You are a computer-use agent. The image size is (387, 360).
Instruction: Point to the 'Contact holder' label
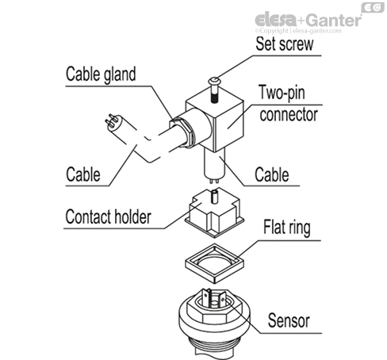point(109,216)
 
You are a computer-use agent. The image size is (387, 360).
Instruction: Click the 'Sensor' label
point(288,321)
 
